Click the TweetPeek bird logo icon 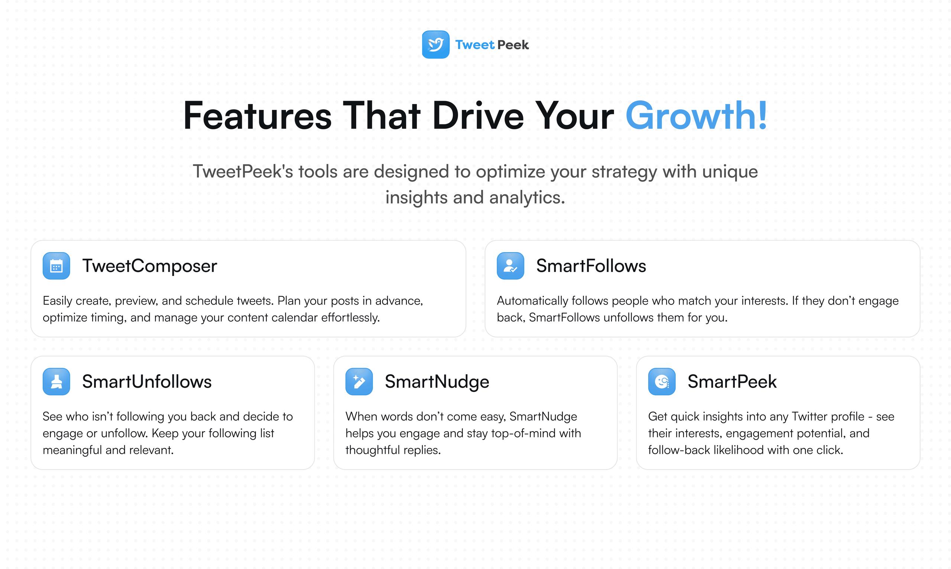click(436, 45)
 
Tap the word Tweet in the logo click(475, 45)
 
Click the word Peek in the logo click(513, 45)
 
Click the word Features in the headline click(257, 116)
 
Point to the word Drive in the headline click(478, 116)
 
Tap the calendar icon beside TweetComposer click(56, 266)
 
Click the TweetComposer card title click(150, 266)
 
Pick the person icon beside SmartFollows click(510, 266)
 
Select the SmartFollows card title click(591, 266)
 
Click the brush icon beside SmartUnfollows click(56, 381)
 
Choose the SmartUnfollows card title click(147, 382)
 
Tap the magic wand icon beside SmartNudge click(359, 381)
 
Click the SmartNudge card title click(437, 382)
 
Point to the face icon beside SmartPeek click(662, 381)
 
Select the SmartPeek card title click(732, 382)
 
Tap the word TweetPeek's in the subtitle click(243, 171)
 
